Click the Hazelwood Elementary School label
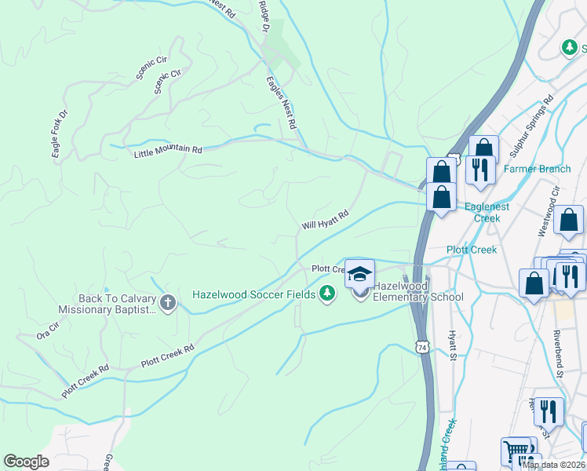coord(417,291)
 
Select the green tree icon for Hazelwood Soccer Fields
coord(327,294)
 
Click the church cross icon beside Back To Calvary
coord(167,302)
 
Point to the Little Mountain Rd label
coord(168,149)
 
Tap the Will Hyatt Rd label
coord(324,219)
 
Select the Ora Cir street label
coord(48,331)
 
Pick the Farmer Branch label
coord(537,169)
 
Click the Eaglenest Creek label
coord(487,212)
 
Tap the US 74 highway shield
coord(422,346)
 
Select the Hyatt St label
coord(453,345)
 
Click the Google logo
coord(27,462)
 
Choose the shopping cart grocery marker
coord(515,451)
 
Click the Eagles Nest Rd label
coord(281,102)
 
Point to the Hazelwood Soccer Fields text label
coord(254,295)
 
